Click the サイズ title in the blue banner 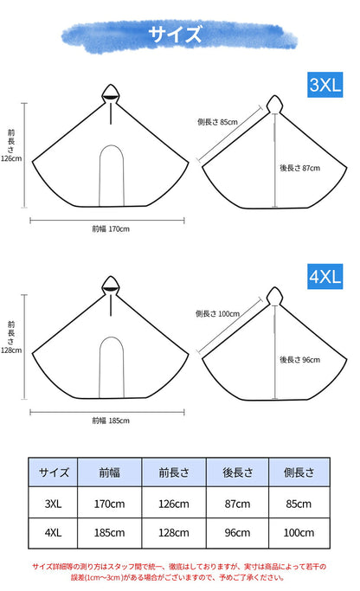pyautogui.click(x=175, y=34)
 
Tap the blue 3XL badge pyautogui.click(x=325, y=85)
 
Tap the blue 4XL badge pyautogui.click(x=325, y=276)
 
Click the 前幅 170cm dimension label pyautogui.click(x=111, y=228)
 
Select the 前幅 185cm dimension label pyautogui.click(x=111, y=421)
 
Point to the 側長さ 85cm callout pyautogui.click(x=217, y=122)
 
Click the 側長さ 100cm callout pyautogui.click(x=217, y=313)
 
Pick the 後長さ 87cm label pyautogui.click(x=299, y=168)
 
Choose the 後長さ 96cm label pyautogui.click(x=299, y=360)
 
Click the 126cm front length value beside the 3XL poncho pyautogui.click(x=11, y=158)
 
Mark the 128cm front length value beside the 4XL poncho pyautogui.click(x=11, y=350)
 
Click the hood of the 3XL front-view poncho pyautogui.click(x=111, y=93)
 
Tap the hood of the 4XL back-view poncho pyautogui.click(x=275, y=296)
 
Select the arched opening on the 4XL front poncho pyautogui.click(x=112, y=337)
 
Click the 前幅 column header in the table pyautogui.click(x=109, y=472)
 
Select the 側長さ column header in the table pyautogui.click(x=299, y=472)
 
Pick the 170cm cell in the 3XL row pyautogui.click(x=109, y=504)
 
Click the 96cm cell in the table pyautogui.click(x=237, y=532)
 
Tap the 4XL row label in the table pyautogui.click(x=53, y=532)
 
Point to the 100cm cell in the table pyautogui.click(x=299, y=532)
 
